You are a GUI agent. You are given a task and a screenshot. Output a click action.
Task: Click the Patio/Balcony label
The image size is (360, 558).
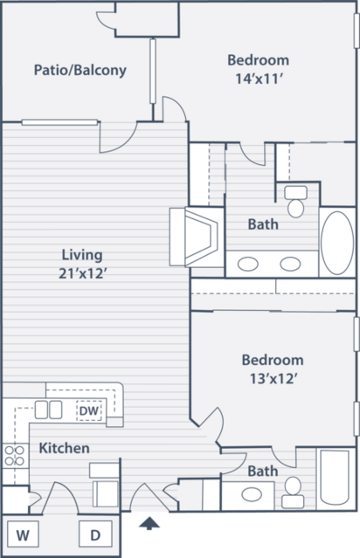pos(80,70)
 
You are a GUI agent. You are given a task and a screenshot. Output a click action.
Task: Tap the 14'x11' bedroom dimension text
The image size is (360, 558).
pos(259,79)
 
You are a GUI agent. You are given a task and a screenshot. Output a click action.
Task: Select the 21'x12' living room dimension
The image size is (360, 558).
pos(83,273)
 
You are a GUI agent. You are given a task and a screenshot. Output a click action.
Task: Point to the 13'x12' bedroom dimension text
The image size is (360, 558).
pos(273,379)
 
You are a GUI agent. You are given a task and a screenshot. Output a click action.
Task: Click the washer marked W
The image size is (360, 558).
pos(23,534)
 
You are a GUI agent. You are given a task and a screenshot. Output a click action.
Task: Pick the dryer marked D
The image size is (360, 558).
pos(95,534)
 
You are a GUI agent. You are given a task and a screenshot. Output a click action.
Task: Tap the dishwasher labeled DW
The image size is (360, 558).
pos(89,410)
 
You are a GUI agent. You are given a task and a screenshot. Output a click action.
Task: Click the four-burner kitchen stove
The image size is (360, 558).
pos(15,456)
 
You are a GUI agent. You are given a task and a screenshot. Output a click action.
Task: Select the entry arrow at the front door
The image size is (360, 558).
pos(149,523)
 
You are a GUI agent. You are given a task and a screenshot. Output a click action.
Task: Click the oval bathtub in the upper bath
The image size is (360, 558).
pos(337,243)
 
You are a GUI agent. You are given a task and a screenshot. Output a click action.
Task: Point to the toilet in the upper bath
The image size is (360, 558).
pos(295,202)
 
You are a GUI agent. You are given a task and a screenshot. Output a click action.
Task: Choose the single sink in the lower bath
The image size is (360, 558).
pos(252,494)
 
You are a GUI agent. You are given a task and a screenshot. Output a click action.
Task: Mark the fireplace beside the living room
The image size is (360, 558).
pos(197,238)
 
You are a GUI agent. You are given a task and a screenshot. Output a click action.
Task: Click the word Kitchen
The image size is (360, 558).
pos(64,448)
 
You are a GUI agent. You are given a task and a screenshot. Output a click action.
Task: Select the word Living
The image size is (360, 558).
pos(82,255)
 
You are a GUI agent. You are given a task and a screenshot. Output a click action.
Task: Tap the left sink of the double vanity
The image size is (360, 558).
pos(248,264)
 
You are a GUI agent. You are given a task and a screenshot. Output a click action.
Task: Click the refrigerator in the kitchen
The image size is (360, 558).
pos(104,485)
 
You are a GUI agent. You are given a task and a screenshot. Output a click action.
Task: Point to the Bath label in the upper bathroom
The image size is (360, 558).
pos(263,224)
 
